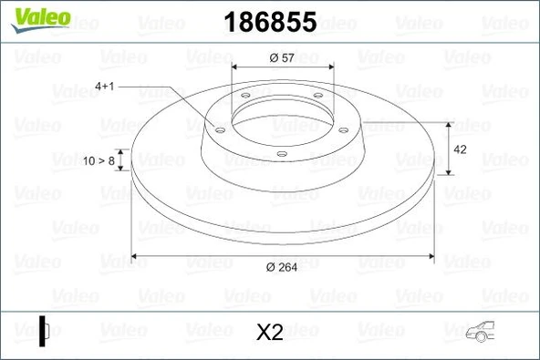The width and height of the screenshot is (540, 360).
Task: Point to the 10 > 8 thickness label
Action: pyautogui.click(x=99, y=160)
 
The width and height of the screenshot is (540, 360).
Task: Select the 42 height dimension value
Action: pyautogui.click(x=461, y=149)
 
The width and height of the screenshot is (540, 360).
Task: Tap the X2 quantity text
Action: pyautogui.click(x=270, y=333)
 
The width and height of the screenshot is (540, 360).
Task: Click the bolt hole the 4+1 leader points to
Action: pyautogui.click(x=219, y=129)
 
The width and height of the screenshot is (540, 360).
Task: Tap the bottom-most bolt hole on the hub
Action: pyautogui.click(x=281, y=153)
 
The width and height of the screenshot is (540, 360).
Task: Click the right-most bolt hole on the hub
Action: pyautogui.click(x=344, y=129)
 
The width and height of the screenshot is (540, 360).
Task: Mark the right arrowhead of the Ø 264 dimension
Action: pyautogui.click(x=431, y=255)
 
